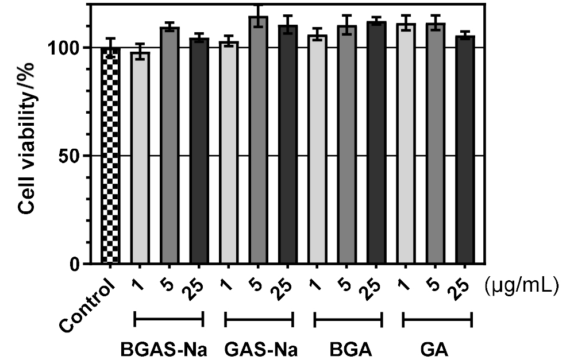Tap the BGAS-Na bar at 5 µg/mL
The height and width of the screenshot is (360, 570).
click(x=170, y=146)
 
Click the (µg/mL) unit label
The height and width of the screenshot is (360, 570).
click(x=522, y=285)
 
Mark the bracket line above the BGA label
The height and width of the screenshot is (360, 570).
click(x=348, y=319)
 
